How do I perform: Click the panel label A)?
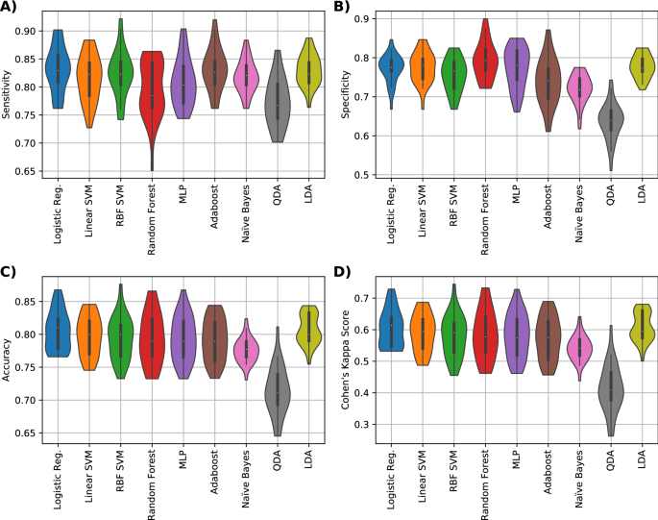click(x=12, y=9)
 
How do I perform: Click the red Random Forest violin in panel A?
click(x=151, y=96)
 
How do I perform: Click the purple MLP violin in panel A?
click(x=183, y=82)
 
